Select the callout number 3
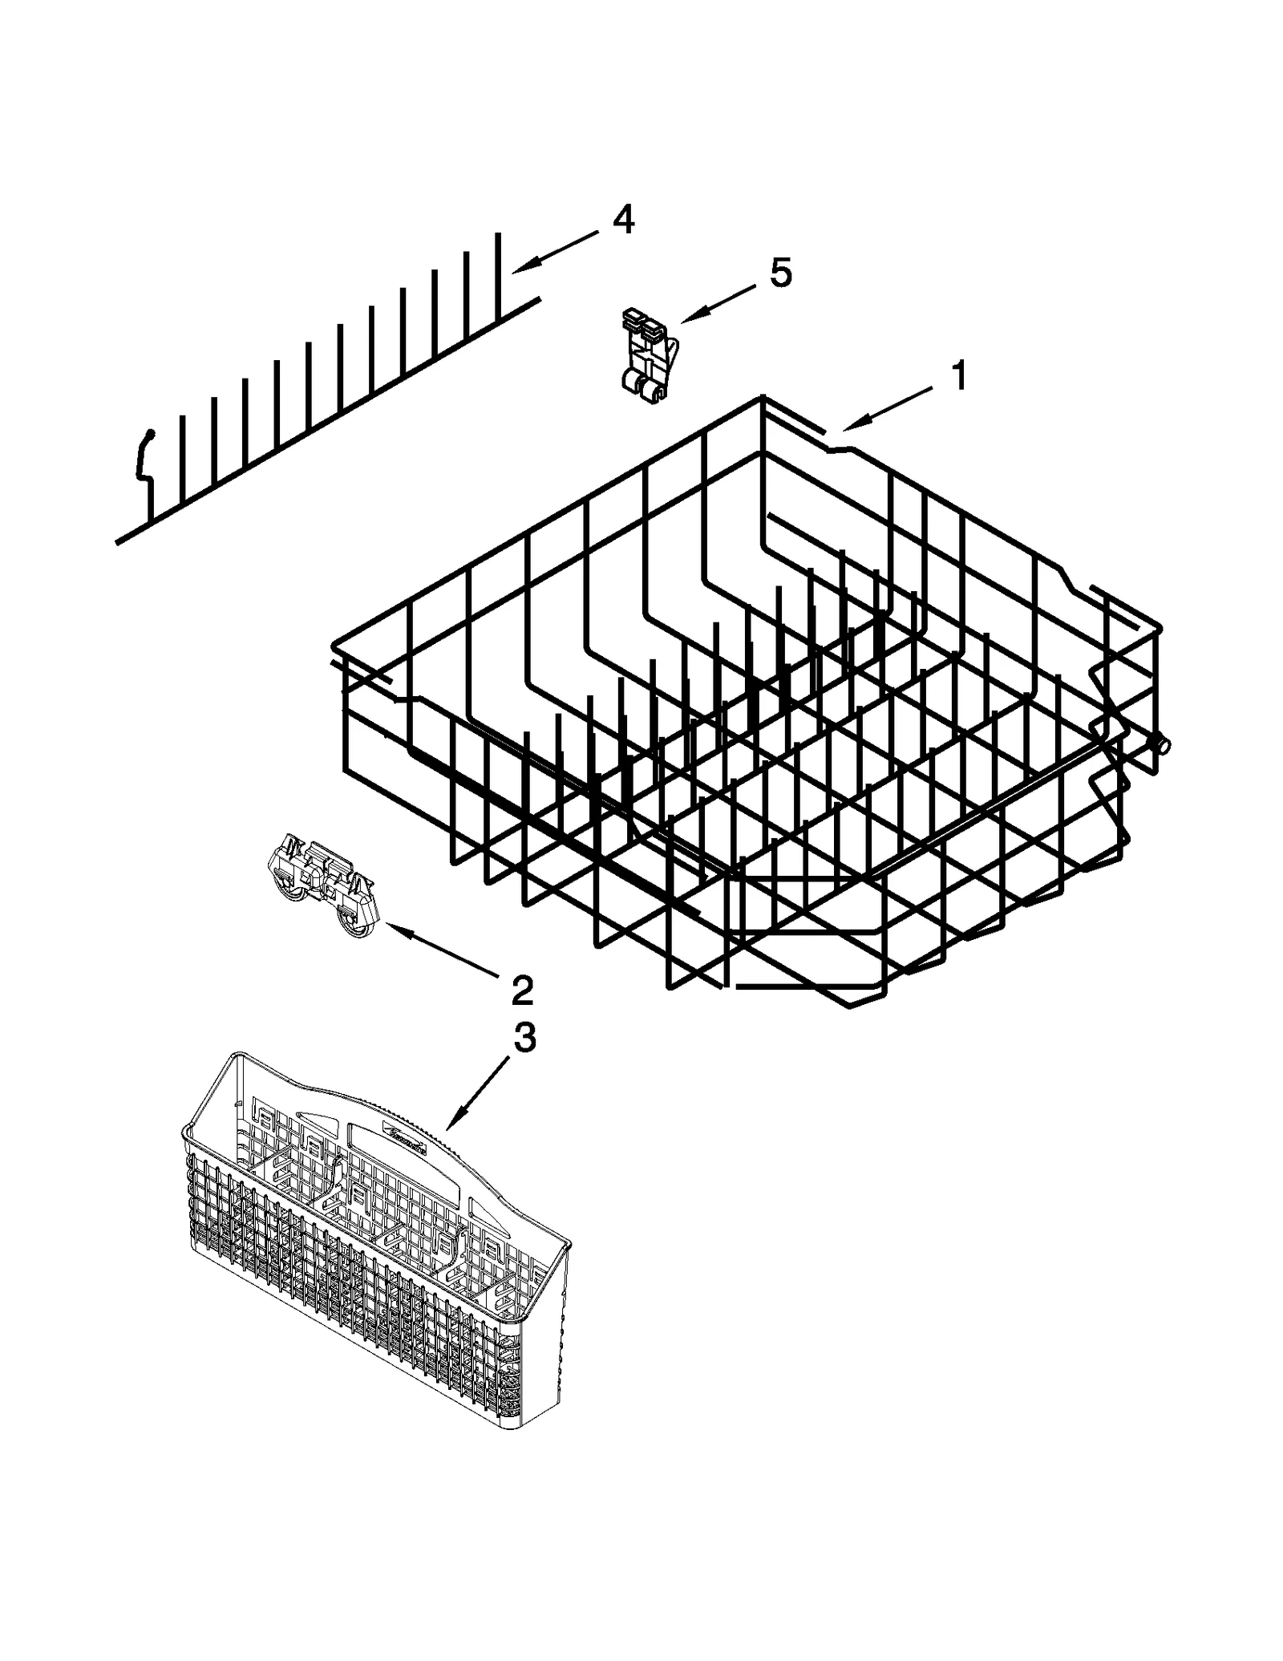coord(524,1038)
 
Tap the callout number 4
coord(623,219)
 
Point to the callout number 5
coord(780,273)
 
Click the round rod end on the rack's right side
coord(1162,745)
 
